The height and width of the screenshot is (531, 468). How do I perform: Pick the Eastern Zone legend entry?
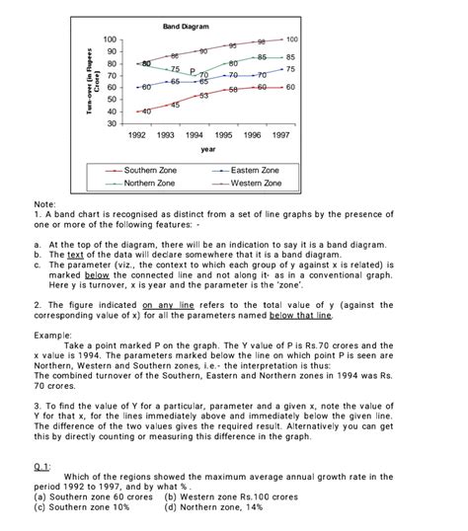pyautogui.click(x=254, y=171)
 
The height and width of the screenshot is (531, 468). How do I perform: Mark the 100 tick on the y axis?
pyautogui.click(x=110, y=38)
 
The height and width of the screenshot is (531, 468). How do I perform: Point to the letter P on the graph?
pyautogui.click(x=193, y=71)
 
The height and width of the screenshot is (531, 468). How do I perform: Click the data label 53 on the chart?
pyautogui.click(x=203, y=96)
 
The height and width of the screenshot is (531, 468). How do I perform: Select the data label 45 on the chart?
pyautogui.click(x=175, y=105)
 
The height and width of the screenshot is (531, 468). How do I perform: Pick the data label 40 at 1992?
pyautogui.click(x=146, y=113)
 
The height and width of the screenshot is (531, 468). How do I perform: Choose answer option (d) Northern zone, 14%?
pyautogui.click(x=214, y=508)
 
